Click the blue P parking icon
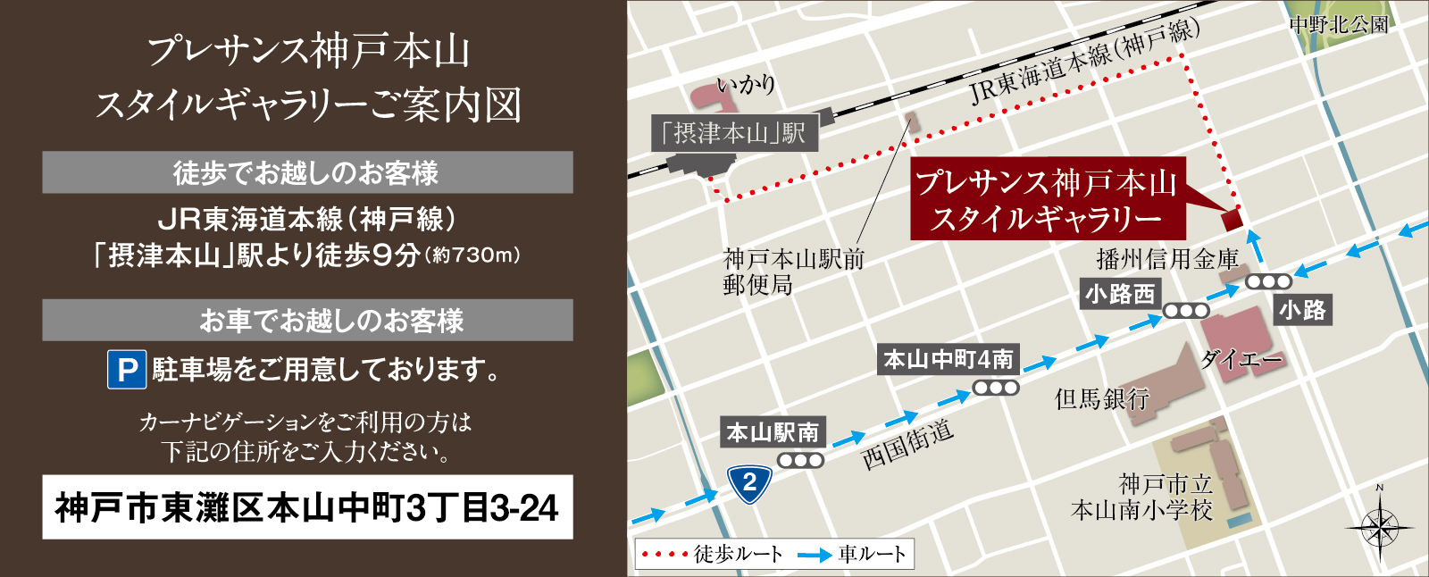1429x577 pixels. tap(127, 369)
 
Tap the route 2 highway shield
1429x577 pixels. tap(749, 484)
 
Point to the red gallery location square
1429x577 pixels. tap(1232, 217)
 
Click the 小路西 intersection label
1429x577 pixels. tap(1120, 294)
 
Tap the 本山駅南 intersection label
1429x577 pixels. tap(773, 433)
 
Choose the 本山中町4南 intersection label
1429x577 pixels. tap(948, 360)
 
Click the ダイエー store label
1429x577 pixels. tap(1241, 360)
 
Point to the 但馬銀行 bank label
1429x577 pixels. tap(1101, 398)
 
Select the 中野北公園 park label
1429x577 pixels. tap(1339, 25)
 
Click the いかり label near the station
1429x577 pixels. tap(747, 86)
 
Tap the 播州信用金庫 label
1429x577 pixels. tap(1166, 260)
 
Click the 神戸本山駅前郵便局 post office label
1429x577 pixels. tap(793, 272)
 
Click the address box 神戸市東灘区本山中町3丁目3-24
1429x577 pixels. tap(307, 507)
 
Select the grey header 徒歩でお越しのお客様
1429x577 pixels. tap(307, 172)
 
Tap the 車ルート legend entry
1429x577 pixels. tap(853, 555)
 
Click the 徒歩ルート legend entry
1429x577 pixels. tap(714, 555)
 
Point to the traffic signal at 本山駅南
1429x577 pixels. tap(800, 461)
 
